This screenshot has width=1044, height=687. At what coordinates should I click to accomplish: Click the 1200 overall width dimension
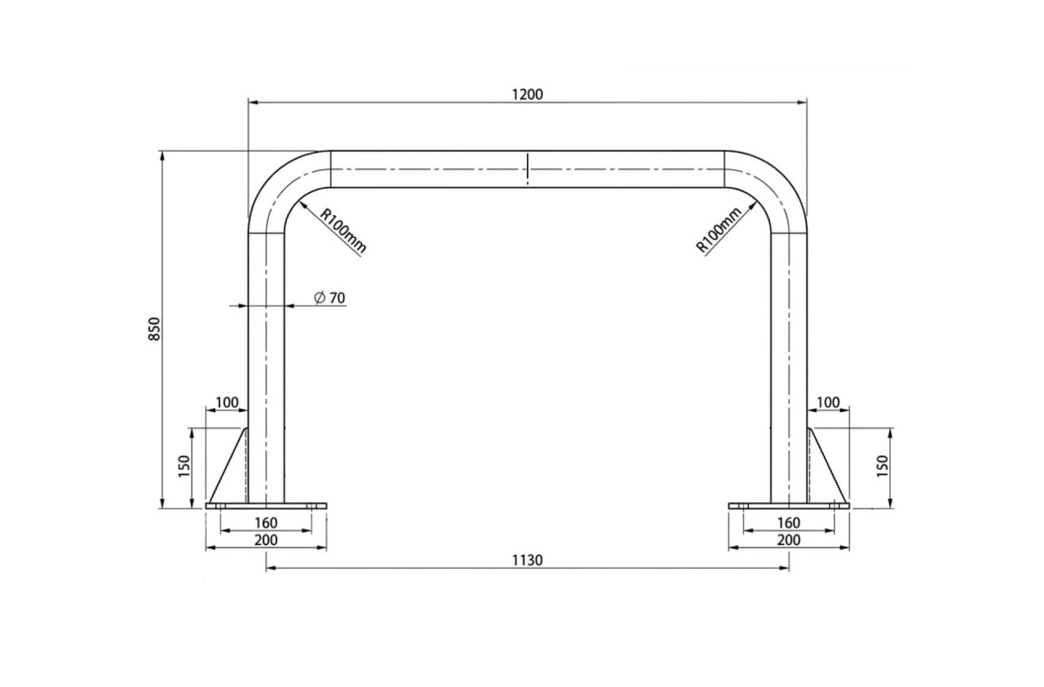click(528, 95)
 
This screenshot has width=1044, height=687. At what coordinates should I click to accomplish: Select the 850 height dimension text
click(154, 329)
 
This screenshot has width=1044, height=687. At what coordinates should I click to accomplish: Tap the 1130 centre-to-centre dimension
click(528, 560)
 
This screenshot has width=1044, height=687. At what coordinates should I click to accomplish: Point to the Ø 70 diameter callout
click(330, 298)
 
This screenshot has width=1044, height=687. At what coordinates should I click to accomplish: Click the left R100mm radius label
click(343, 231)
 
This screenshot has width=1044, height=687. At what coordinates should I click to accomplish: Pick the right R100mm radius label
click(719, 230)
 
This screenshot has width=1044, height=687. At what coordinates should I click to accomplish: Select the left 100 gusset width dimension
click(227, 402)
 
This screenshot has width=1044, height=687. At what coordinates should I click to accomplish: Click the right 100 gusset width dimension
click(828, 402)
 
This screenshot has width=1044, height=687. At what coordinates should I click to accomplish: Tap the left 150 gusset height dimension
click(184, 466)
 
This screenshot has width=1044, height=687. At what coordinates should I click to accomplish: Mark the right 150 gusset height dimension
click(883, 466)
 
